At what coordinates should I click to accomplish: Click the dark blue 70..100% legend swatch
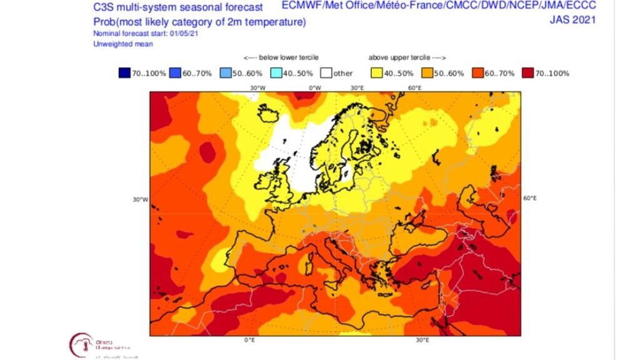(124, 73)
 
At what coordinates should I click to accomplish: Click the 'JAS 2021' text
(572, 19)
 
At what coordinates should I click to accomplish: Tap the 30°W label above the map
(256, 88)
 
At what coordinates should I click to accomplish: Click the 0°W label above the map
(315, 88)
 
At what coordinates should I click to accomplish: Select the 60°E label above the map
(414, 88)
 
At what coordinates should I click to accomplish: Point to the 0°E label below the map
(249, 341)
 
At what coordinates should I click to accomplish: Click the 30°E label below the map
(422, 341)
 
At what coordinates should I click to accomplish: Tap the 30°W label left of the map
(139, 200)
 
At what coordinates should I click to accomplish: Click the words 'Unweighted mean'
(123, 44)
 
